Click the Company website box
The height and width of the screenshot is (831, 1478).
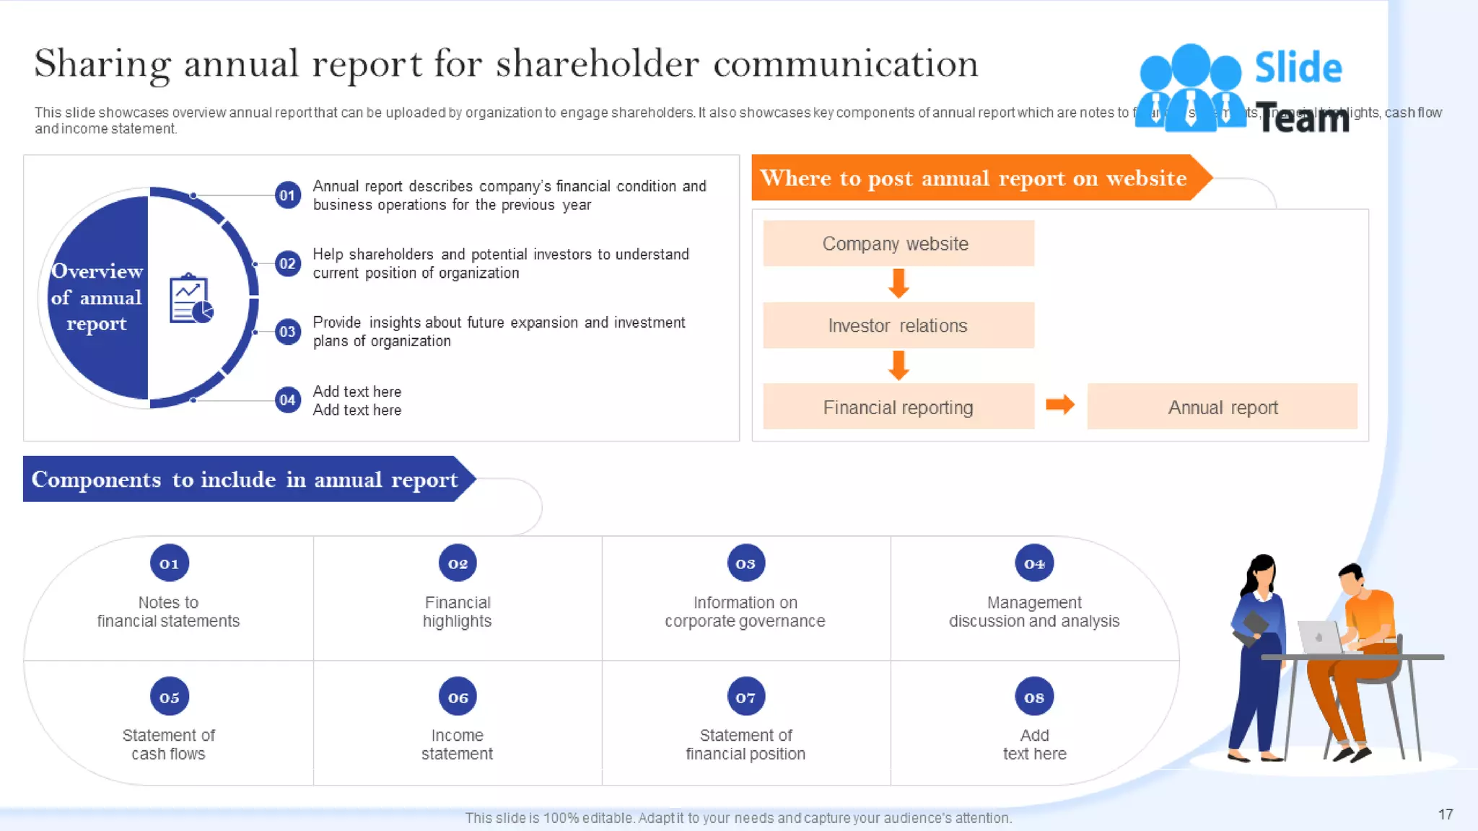tap(898, 244)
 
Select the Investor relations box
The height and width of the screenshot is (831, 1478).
tap(898, 325)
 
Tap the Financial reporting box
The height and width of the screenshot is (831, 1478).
tap(898, 408)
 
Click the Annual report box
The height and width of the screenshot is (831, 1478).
tap(1222, 408)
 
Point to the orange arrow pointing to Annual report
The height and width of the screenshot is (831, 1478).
tap(1059, 405)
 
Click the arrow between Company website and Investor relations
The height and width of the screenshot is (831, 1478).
tap(898, 283)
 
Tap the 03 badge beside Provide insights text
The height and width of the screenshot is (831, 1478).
tap(287, 332)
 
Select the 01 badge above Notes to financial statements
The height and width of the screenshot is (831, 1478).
tap(169, 563)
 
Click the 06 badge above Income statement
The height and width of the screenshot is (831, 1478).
tap(458, 697)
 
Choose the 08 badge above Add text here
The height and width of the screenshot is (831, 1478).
tap(1033, 697)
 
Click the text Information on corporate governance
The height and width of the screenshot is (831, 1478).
tap(745, 612)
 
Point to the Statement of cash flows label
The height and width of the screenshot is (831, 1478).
tap(168, 744)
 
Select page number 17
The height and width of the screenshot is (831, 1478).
tap(1445, 814)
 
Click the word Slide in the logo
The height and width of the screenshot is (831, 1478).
tap(1298, 68)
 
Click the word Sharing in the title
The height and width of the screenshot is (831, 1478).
tap(102, 63)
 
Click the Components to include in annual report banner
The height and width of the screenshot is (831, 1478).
tap(244, 480)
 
